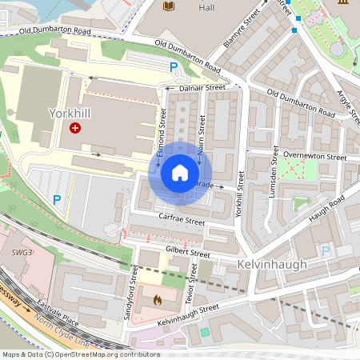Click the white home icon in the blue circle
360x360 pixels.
tap(180, 173)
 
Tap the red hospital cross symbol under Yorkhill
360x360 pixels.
tap(75, 128)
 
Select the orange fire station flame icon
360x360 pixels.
tap(157, 300)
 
